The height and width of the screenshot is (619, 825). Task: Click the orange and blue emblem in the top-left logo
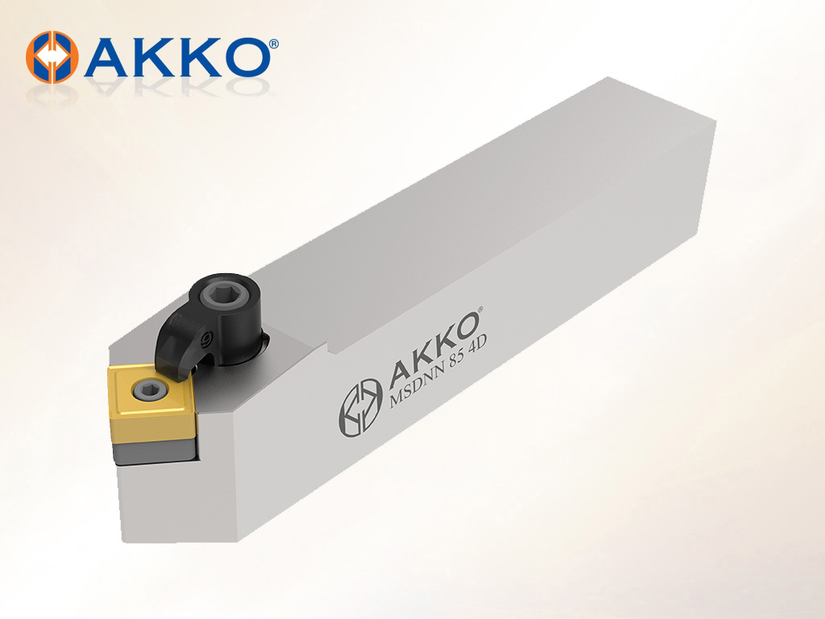(52, 57)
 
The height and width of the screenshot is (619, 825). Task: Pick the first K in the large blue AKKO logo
(153, 58)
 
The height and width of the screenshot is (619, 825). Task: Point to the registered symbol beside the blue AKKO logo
(274, 44)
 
